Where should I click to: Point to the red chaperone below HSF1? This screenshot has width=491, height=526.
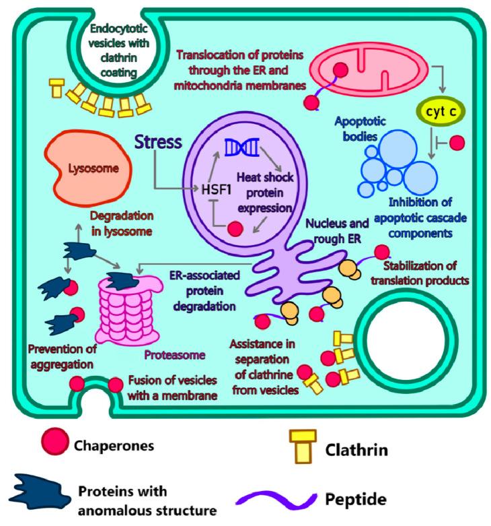point(235,228)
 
